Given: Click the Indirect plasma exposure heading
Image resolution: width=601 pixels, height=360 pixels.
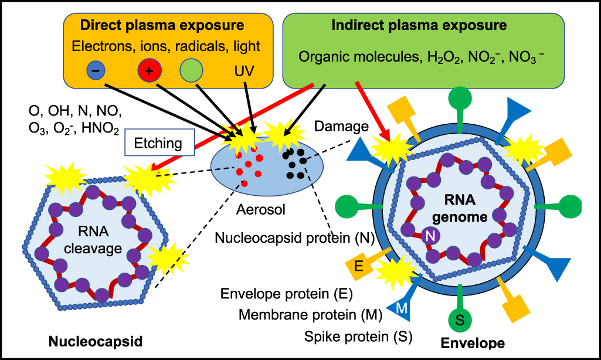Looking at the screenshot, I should point(419,26).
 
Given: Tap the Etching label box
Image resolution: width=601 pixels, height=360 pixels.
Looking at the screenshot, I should point(160,143).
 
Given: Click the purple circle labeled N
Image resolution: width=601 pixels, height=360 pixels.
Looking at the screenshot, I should point(430,236).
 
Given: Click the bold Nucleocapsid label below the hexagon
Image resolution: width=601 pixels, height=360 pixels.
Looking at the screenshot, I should point(96,341).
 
